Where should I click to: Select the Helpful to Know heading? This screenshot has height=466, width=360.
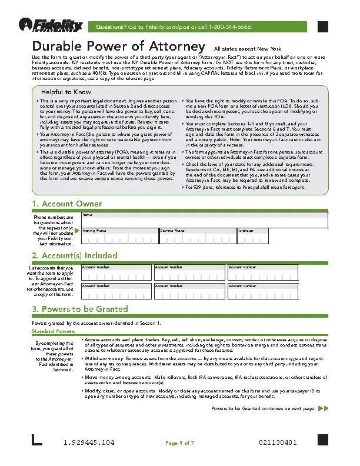click(65, 92)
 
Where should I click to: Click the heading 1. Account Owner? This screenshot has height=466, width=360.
click(66, 204)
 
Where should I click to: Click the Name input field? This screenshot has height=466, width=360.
click(204, 219)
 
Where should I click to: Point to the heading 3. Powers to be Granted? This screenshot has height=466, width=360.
click(79, 309)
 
